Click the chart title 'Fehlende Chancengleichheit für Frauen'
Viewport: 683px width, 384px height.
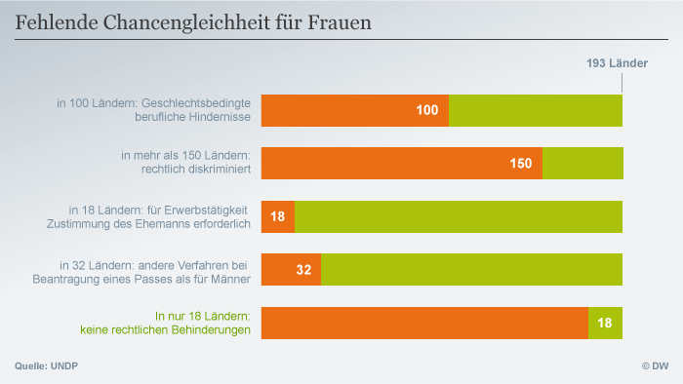(x=193, y=20)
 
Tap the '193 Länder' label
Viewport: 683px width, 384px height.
(x=617, y=63)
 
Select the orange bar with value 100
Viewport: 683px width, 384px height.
(x=354, y=110)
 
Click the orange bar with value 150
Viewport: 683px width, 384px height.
(x=401, y=163)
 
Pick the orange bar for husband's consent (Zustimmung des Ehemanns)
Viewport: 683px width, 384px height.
(x=277, y=216)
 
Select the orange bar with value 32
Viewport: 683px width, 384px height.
(x=291, y=269)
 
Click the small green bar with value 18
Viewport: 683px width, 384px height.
(x=605, y=323)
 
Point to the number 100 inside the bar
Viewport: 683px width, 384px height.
(x=426, y=110)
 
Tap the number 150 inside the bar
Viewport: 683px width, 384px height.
(x=520, y=164)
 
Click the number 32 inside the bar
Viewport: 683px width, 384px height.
(x=303, y=270)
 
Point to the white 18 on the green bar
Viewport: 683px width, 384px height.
(x=605, y=323)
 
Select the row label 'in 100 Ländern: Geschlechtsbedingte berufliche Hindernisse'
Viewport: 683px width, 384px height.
(x=154, y=110)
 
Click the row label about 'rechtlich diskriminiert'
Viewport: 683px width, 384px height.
(x=185, y=163)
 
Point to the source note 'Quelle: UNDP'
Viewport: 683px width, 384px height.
(x=46, y=365)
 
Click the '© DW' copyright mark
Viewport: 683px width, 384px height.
(x=653, y=365)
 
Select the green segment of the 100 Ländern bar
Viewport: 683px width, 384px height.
(x=535, y=110)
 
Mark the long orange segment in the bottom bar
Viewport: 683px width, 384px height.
(x=424, y=323)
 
